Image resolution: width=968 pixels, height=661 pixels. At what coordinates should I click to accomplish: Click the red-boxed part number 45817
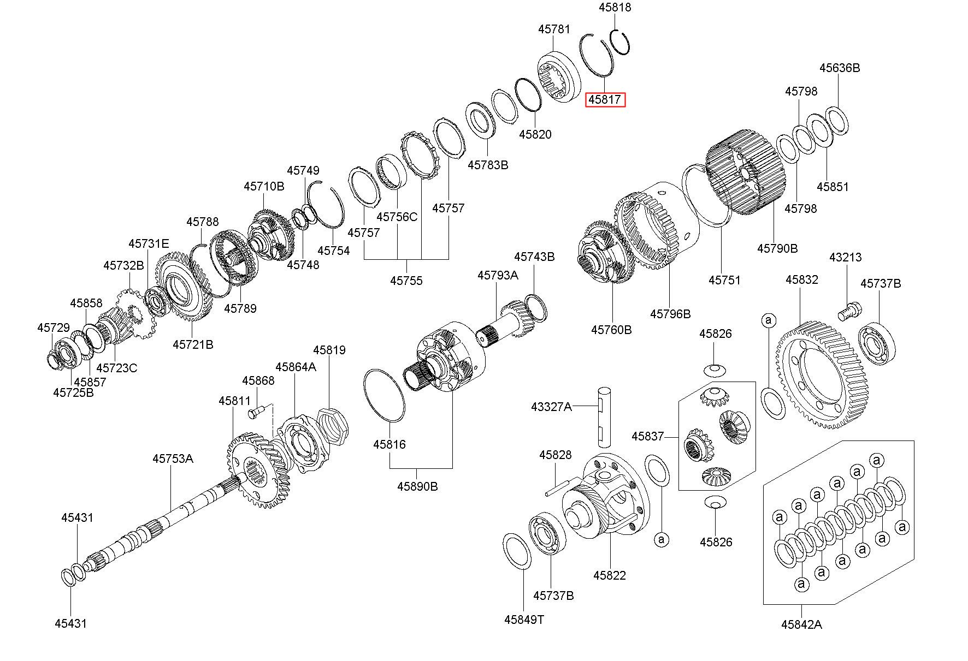coord(605,100)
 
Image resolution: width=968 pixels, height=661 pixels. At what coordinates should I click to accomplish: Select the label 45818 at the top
coord(615,8)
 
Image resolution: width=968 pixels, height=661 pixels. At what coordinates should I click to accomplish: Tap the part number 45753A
coord(173,458)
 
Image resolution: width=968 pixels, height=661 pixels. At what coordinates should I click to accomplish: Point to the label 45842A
coord(801,624)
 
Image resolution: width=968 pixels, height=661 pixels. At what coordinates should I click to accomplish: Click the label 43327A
coord(552,407)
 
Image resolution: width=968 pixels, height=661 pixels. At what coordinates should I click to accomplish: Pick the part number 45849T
coord(524,620)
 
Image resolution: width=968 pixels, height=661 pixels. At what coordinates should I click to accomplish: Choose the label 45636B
coord(840,68)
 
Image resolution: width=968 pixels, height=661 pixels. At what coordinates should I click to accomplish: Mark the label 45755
coord(406,281)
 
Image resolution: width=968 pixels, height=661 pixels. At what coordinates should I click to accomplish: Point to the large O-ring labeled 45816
coord(384,396)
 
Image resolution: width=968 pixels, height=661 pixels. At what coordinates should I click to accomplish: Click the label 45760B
coord(611,330)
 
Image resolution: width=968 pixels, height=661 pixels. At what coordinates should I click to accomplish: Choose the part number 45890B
coord(417,486)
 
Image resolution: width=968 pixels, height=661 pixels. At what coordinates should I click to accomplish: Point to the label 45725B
coord(73,392)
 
